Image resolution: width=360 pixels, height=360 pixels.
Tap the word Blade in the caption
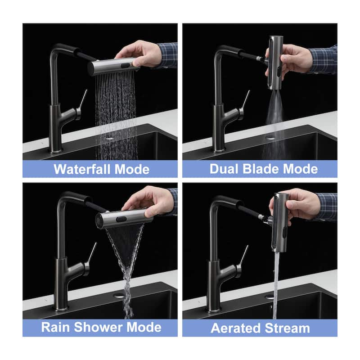point(260,169)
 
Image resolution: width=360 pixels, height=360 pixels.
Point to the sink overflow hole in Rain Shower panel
point(119,296)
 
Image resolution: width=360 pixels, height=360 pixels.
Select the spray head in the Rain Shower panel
point(124,219)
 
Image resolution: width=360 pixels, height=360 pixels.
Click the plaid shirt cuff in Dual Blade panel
point(324,58)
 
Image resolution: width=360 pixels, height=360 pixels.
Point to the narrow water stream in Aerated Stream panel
point(275,279)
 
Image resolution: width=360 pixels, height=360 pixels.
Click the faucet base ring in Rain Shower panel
point(61,308)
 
